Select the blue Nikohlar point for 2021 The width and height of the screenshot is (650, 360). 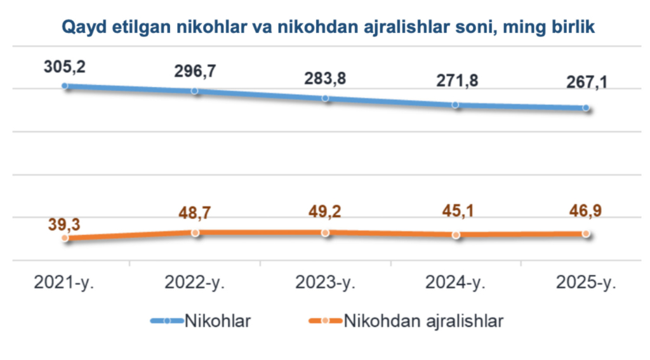[65, 85]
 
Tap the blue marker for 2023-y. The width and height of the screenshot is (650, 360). [326, 98]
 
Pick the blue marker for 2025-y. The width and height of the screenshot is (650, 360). [585, 108]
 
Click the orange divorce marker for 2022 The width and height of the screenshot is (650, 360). [195, 232]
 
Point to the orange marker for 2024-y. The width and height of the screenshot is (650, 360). [456, 234]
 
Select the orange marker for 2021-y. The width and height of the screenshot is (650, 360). [65, 238]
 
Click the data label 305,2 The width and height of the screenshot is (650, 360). [65, 65]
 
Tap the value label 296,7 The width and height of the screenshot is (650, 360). [195, 71]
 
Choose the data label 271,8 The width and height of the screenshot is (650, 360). [455, 83]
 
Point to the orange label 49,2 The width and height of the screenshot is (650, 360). [325, 211]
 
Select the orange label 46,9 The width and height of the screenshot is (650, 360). [585, 211]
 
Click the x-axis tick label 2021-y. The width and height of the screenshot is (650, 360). [65, 283]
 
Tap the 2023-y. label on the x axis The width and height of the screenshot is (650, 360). [325, 283]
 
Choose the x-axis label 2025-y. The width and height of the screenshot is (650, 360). [585, 283]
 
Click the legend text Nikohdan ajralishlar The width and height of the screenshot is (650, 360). [423, 321]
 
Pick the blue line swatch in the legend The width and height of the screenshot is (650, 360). [166, 321]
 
